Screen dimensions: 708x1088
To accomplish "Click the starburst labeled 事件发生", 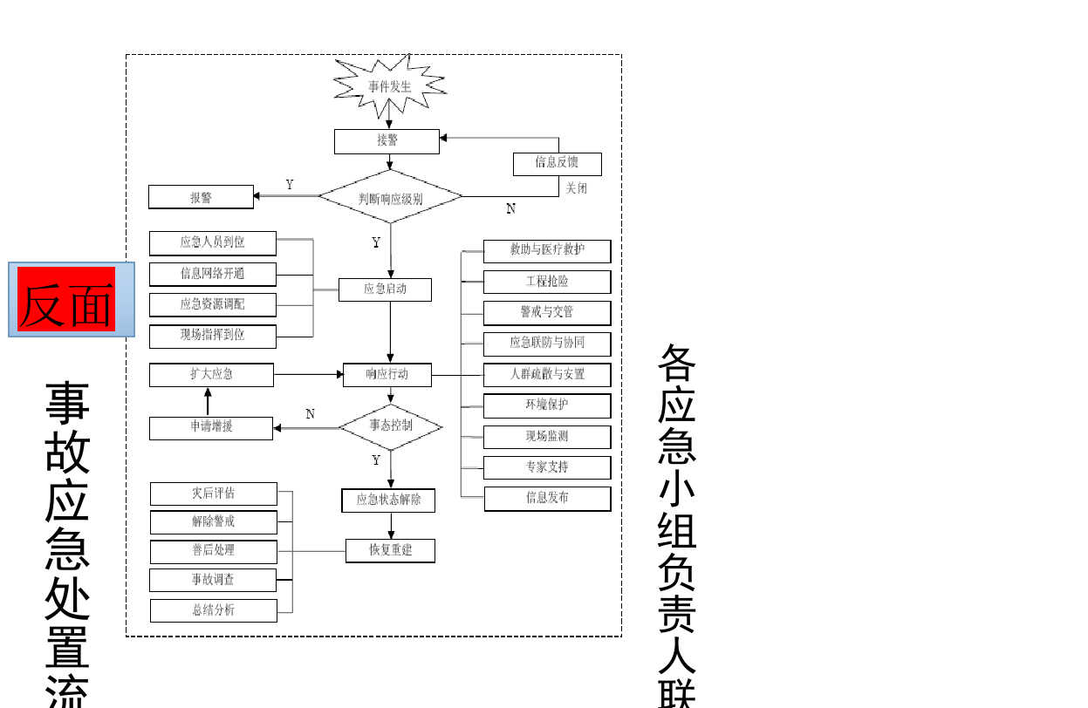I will (x=389, y=86).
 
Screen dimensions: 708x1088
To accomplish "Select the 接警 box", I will (x=387, y=141).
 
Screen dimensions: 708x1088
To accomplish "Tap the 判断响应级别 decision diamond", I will (x=390, y=197).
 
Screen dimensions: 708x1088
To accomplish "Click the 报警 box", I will (x=201, y=197).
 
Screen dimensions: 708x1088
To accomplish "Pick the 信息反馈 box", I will (x=557, y=163).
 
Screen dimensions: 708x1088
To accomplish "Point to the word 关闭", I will (x=576, y=187).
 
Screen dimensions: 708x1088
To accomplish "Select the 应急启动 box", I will (x=385, y=289).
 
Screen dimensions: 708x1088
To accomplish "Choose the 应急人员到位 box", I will (x=213, y=242).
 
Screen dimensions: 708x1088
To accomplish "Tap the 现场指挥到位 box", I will (x=213, y=335).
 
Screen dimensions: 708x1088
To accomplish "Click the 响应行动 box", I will (x=387, y=375).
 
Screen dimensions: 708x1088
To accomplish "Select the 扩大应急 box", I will (x=211, y=375).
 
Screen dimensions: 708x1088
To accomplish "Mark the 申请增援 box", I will (x=211, y=428).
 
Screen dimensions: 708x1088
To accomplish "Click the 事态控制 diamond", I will (x=390, y=426).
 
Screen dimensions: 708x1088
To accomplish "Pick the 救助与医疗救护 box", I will (x=547, y=251).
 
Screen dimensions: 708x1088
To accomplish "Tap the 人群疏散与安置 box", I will (x=547, y=375).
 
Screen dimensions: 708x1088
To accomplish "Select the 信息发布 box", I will (x=547, y=499).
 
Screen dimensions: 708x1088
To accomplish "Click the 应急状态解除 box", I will (x=388, y=500).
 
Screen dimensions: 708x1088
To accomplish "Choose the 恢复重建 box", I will (x=390, y=551).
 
